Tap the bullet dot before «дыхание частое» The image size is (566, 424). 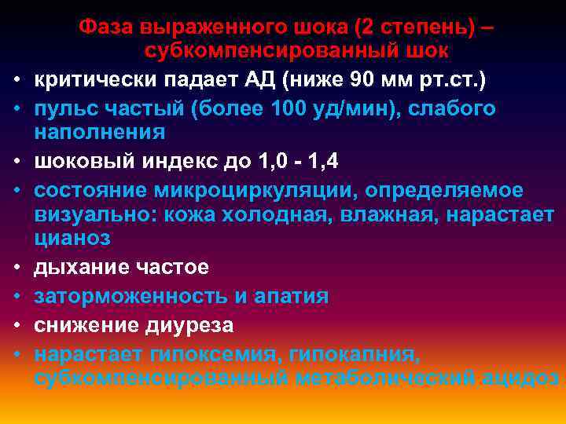[15, 268]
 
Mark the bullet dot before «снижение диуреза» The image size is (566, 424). [15, 325]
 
